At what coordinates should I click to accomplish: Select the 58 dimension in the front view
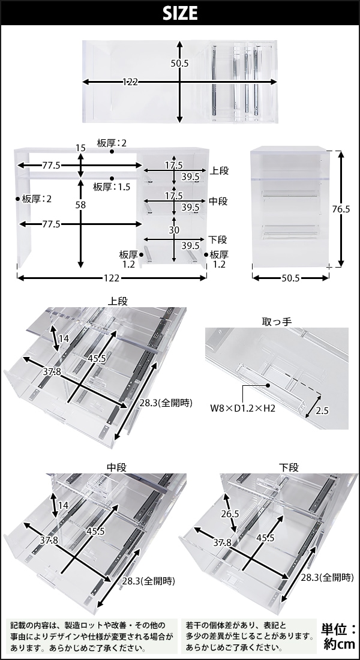80,205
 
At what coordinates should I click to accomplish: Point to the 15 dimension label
80,148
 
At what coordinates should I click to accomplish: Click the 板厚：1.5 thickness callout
113,187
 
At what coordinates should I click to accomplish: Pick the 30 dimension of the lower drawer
173,230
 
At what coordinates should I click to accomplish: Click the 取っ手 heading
277,321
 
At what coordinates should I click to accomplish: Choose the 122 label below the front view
112,278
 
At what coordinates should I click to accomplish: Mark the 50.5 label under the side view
291,278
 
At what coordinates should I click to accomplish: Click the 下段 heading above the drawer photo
289,467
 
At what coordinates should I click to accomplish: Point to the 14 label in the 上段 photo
64,339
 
